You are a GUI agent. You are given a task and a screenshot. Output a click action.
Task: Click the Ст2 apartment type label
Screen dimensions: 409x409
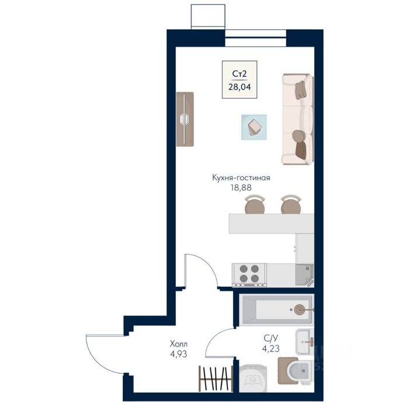coord(240,74)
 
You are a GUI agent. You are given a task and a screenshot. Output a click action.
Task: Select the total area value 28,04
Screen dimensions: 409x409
coord(240,87)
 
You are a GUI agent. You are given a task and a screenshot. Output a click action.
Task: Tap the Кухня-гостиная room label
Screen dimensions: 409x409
coord(241,178)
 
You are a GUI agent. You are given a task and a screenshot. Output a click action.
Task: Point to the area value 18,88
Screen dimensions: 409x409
coord(241,188)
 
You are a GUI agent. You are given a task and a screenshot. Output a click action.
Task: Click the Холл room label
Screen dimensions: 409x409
coord(179,344)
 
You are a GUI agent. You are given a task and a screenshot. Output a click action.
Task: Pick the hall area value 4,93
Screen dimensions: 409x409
coord(179,354)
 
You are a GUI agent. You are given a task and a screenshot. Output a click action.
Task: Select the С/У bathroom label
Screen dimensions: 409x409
coord(271,338)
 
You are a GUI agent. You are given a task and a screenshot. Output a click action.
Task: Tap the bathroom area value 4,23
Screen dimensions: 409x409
coord(271,348)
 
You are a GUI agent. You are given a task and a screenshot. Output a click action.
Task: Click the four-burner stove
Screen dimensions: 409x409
coord(249,275)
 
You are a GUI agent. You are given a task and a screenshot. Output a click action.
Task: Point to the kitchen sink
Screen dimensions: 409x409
coord(304,275)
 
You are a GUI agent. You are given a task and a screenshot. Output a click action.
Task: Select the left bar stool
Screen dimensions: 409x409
coord(255,204)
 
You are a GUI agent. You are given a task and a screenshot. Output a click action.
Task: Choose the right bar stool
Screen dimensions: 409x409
coord(291,204)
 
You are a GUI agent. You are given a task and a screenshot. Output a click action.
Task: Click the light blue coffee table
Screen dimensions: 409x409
coord(254,127)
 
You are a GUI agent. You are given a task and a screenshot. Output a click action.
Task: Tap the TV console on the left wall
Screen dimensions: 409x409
coord(185,119)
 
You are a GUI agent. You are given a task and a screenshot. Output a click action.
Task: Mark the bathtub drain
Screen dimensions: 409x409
coord(299,310)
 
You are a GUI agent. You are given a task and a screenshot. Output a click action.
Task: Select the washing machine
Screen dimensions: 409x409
coord(253,377)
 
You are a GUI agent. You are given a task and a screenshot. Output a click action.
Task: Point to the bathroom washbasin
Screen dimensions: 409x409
coord(304,341)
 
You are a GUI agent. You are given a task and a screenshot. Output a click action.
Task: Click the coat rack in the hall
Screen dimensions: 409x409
coord(216,379)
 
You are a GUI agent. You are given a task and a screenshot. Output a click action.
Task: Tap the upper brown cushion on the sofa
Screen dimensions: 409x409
coord(300,90)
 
